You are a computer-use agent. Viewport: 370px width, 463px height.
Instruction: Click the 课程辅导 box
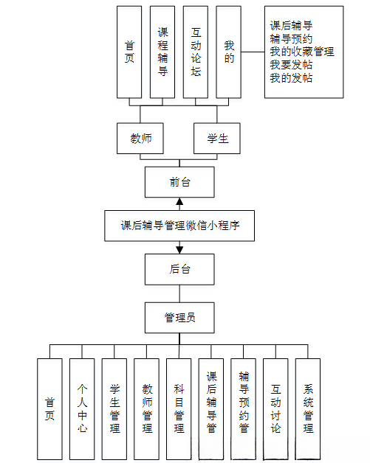click(x=162, y=52)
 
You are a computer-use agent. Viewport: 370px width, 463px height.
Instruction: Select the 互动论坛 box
click(x=196, y=52)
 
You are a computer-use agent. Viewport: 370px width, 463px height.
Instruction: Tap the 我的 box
click(x=229, y=52)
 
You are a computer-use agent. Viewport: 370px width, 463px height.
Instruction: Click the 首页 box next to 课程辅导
click(x=129, y=52)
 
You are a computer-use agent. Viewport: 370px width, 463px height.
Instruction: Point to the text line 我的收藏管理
click(x=302, y=52)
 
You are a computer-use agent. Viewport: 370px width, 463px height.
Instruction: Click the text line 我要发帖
click(x=292, y=65)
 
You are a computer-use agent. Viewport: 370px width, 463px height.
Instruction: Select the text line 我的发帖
click(x=292, y=78)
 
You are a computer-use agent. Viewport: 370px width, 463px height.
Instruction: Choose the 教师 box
click(x=140, y=139)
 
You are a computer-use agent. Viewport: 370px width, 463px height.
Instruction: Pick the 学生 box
click(x=216, y=139)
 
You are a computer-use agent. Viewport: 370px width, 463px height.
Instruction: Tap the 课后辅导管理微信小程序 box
click(x=179, y=226)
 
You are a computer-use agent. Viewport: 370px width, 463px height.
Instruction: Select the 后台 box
click(x=179, y=269)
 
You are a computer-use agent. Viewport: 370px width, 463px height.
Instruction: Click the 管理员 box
click(x=179, y=318)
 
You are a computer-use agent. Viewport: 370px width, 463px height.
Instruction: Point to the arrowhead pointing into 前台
click(x=179, y=202)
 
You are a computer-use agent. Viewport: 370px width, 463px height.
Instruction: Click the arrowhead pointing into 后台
click(x=179, y=250)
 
